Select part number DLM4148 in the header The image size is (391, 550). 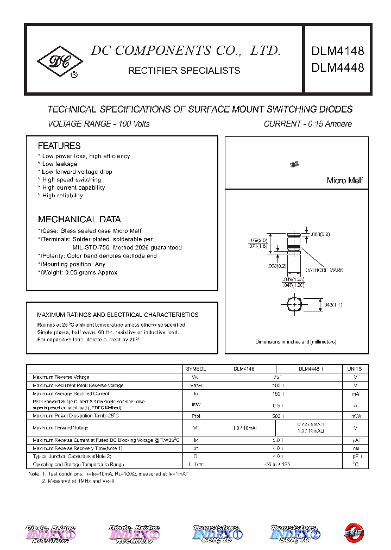pos(337,51)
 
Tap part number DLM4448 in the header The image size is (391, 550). pos(337,68)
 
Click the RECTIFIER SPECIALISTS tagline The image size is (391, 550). pos(184,71)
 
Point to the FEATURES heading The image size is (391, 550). pos(59,146)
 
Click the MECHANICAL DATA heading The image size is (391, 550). pos(79,220)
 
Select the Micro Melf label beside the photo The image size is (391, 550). pos(345,180)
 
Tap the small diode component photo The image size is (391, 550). pos(295,164)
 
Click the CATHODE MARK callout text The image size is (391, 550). pos(324,270)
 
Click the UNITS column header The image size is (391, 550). pos(354,368)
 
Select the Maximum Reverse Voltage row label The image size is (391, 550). pos(61,377)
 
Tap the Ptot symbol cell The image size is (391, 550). pos(195,416)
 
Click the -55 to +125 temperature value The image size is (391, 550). pos(277,464)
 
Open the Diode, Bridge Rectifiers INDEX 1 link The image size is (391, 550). pos(52,534)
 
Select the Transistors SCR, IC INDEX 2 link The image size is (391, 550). pos(295,534)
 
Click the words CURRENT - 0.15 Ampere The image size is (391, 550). pos(307,124)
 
